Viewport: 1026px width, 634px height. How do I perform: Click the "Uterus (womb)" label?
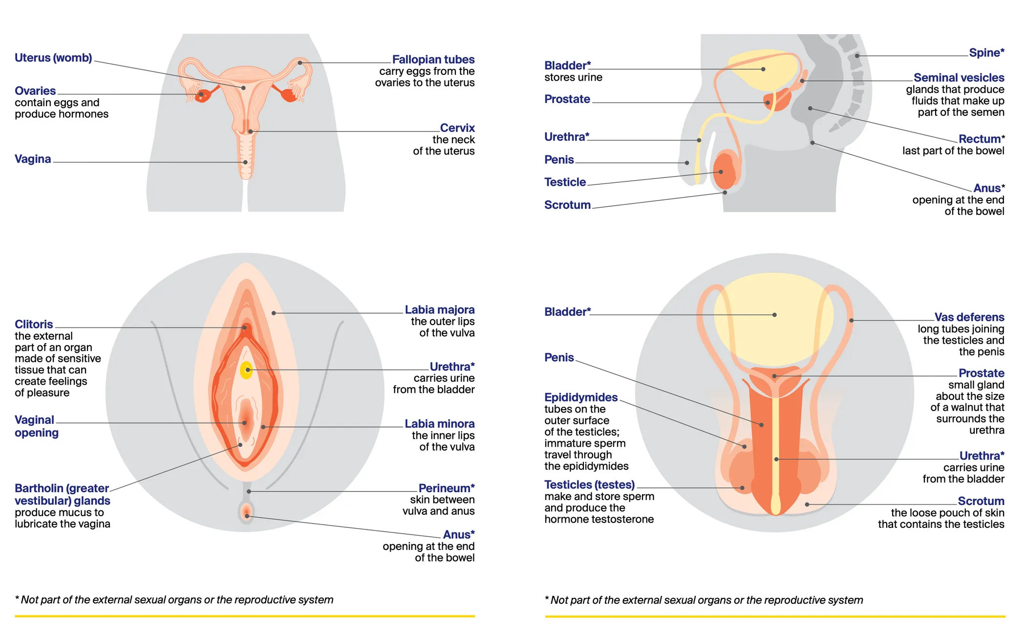click(53, 58)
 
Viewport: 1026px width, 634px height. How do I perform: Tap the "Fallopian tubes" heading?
click(433, 60)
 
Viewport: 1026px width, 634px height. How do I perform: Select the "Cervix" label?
click(457, 128)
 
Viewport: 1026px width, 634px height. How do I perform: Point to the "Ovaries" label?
click(35, 91)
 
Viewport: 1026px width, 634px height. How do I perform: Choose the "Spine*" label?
click(986, 53)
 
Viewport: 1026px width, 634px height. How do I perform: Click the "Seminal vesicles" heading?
click(959, 78)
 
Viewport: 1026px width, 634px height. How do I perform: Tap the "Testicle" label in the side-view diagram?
click(565, 182)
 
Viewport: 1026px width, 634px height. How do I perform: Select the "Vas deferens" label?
click(969, 317)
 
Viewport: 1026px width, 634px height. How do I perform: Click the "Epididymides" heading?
click(581, 397)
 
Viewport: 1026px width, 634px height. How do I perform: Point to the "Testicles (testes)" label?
click(589, 485)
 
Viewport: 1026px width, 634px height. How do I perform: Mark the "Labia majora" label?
click(439, 310)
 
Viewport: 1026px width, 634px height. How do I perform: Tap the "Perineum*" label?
click(446, 488)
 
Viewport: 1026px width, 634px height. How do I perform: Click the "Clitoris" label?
click(34, 325)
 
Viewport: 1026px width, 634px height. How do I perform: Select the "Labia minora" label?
click(439, 424)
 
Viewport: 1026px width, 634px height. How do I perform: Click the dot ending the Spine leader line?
click(857, 56)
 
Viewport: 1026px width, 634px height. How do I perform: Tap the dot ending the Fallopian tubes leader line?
click(300, 63)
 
